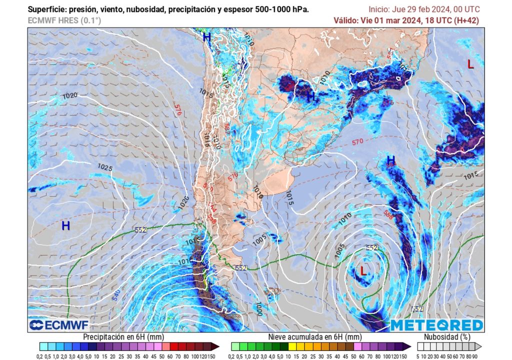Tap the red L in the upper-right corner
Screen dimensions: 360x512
[470, 64]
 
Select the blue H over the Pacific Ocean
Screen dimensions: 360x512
[65, 226]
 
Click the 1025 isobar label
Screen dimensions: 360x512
[105, 167]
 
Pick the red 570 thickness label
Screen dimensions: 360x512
[357, 142]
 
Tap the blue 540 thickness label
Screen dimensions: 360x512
[115, 295]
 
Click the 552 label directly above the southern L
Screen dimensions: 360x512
[371, 248]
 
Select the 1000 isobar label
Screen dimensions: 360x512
[258, 308]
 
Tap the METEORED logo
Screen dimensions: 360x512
[436, 325]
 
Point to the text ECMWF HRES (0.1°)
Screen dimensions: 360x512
[64, 20]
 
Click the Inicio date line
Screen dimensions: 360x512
[424, 9]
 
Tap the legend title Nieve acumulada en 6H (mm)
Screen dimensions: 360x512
[315, 337]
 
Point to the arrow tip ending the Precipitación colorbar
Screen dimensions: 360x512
[218, 346]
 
